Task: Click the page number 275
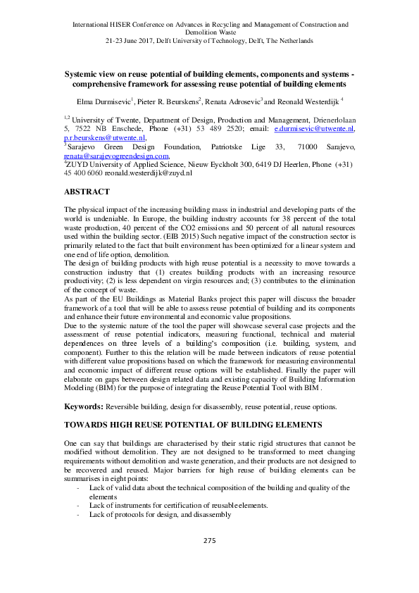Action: click(208, 540)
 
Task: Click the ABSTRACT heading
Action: click(87, 192)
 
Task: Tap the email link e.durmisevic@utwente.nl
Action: click(314, 130)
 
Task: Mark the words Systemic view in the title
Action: click(89, 73)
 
